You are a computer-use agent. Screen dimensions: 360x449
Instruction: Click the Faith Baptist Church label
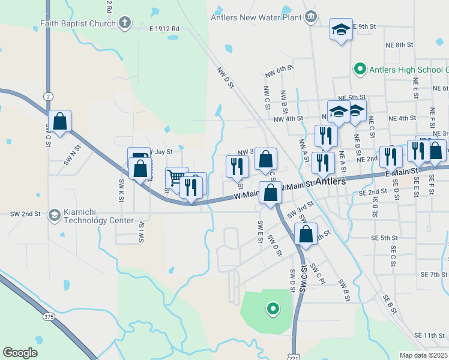pos(78,24)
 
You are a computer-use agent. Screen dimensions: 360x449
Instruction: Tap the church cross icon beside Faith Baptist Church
pos(125,23)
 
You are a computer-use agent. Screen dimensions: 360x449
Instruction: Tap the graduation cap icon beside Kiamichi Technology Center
pos(54,214)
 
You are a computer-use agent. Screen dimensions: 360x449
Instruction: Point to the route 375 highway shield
pos(49,316)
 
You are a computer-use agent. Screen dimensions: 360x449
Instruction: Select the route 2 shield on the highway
pos(48,96)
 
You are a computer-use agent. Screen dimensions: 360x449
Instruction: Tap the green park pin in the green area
pos(273,309)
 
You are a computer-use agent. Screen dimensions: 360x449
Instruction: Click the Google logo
pos(20,353)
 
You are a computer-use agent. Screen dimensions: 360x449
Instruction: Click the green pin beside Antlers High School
pos(360,69)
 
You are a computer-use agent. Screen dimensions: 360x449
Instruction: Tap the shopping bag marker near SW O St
pos(60,121)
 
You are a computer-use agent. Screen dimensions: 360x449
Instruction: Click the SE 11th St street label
pos(429,334)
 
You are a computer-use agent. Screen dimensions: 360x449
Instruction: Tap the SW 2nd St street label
pos(25,214)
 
